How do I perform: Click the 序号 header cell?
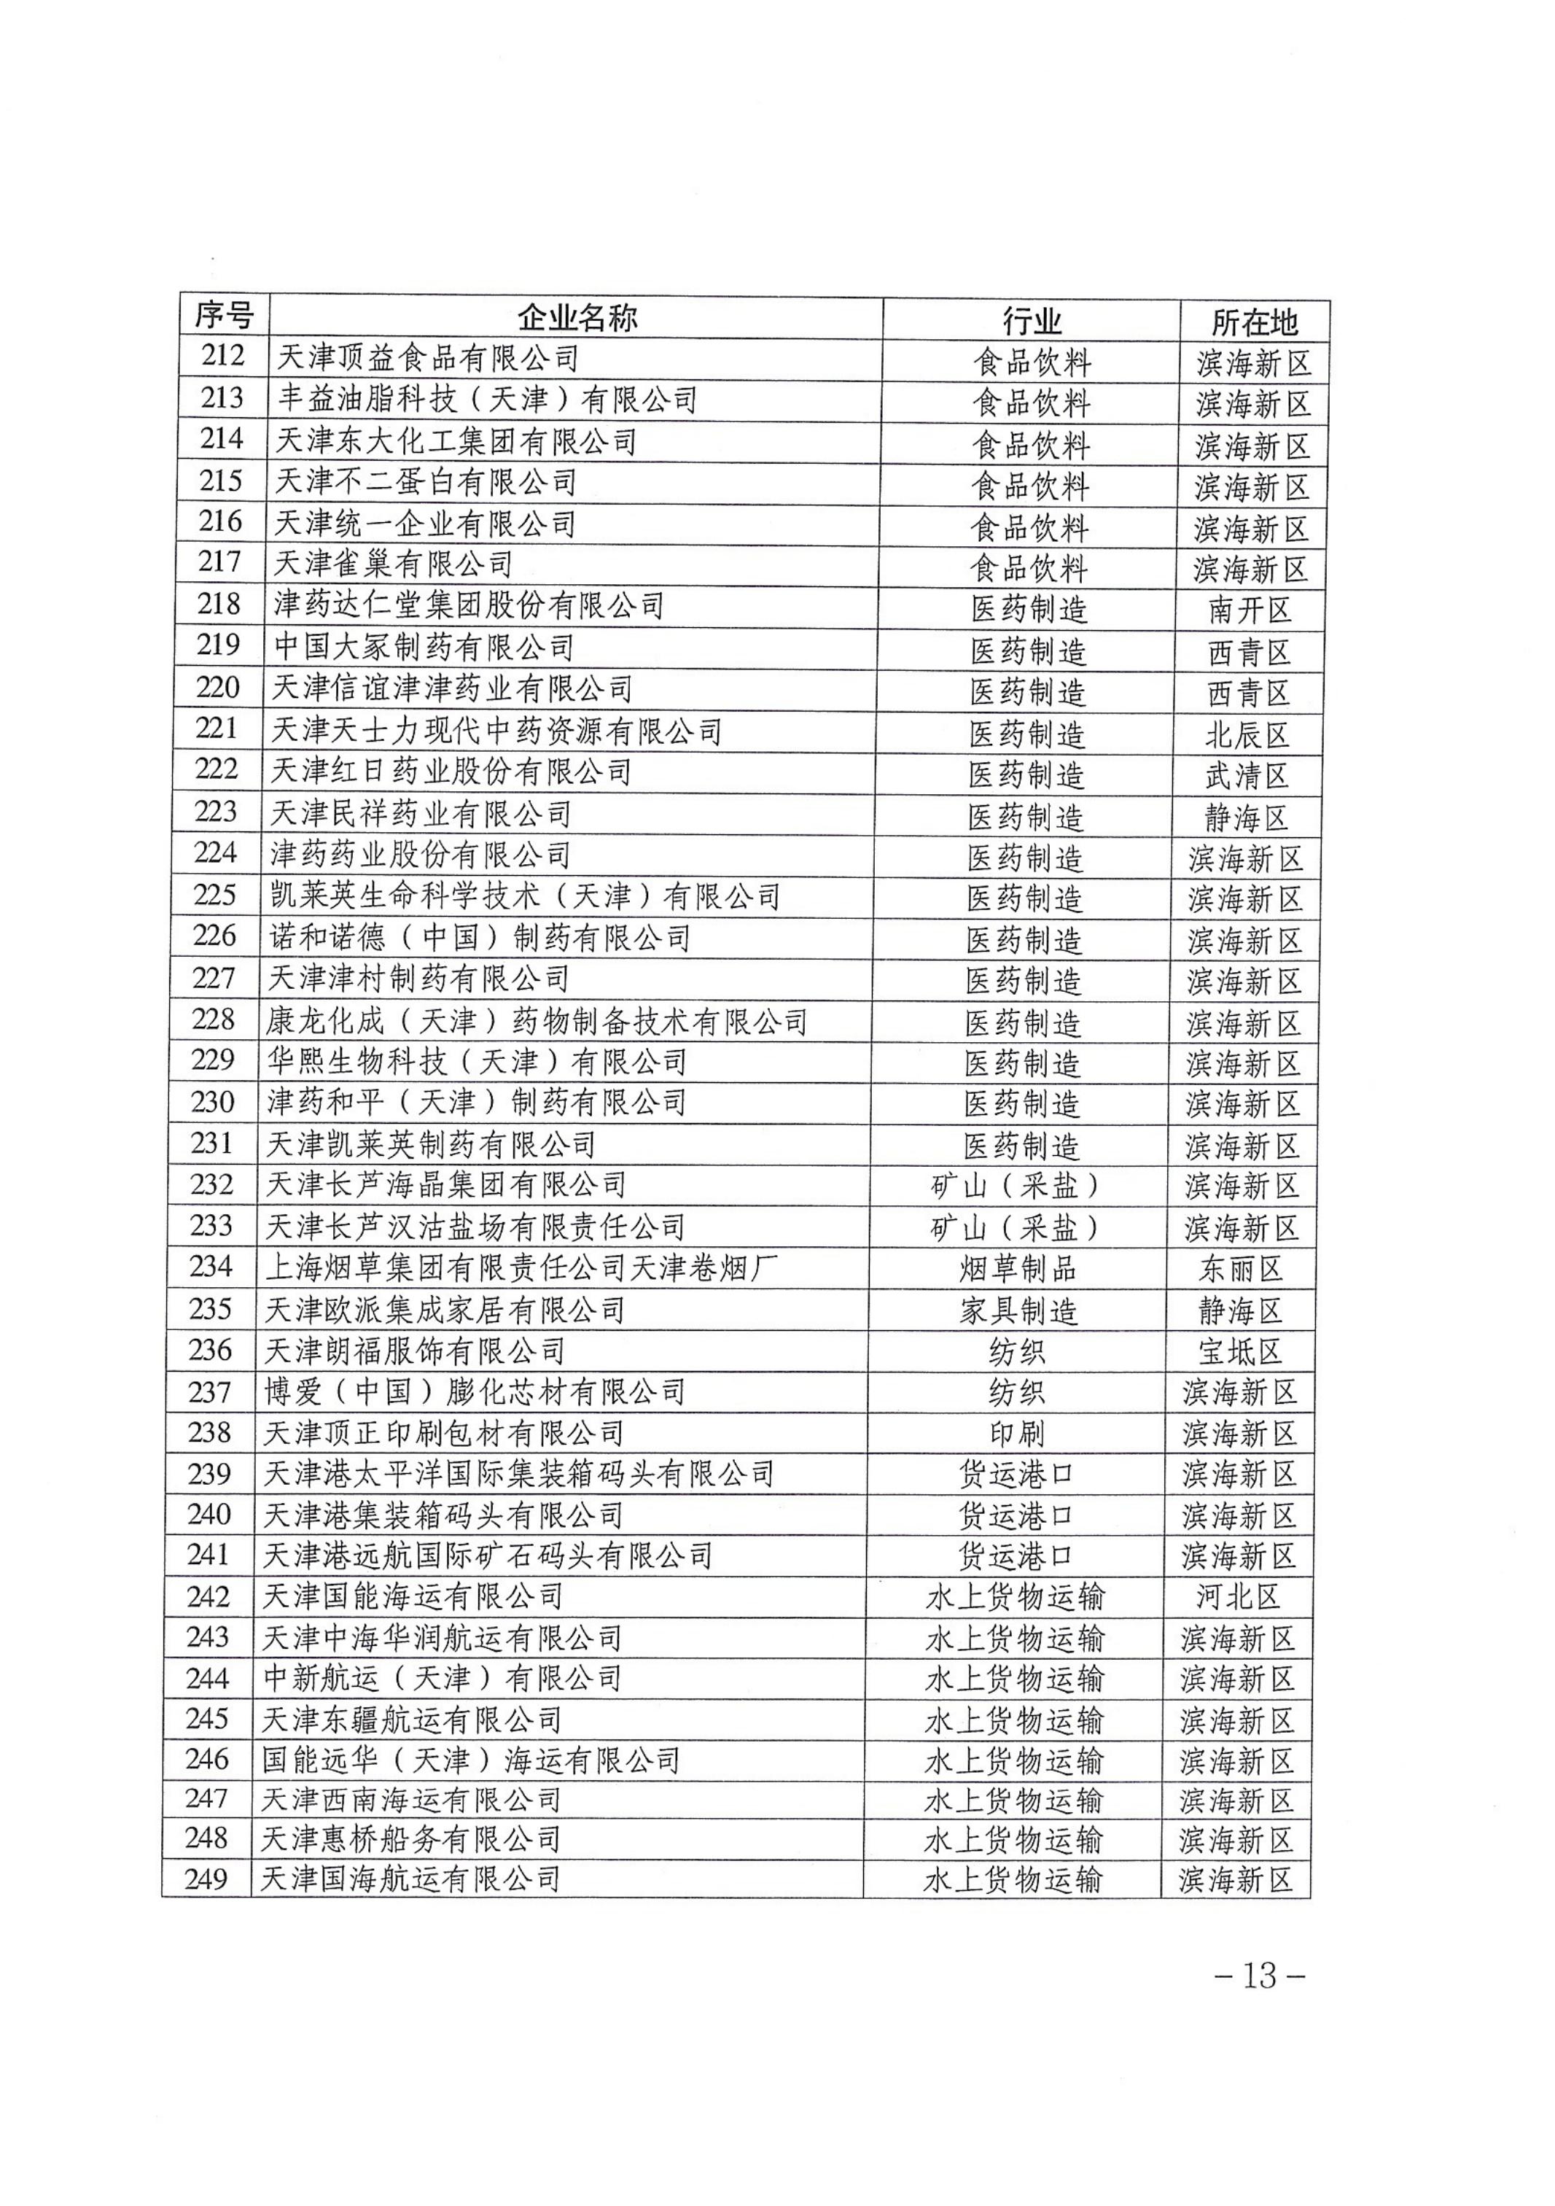(225, 314)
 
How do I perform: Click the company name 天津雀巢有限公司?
(394, 564)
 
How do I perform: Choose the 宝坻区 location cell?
(1239, 1352)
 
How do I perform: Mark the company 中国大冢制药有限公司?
(424, 647)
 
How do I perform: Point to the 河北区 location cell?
(1237, 1598)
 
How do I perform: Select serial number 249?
(206, 1879)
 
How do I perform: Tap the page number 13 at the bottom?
(1259, 1976)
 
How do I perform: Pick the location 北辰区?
(1247, 735)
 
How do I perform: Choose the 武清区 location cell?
(1247, 775)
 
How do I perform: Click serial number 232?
(212, 1184)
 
